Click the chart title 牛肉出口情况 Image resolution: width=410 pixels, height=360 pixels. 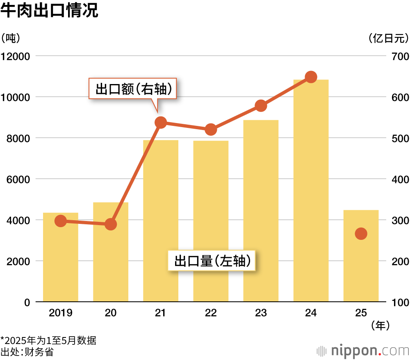tap(49, 11)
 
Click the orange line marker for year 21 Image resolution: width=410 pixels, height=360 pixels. tap(161, 123)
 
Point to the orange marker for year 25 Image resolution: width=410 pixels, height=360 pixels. tap(361, 234)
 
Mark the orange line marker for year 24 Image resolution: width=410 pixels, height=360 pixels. tap(311, 77)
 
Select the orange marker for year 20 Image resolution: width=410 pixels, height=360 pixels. tap(111, 224)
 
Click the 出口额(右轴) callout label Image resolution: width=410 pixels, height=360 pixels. tap(133, 89)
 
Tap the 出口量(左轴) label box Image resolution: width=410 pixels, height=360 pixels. tap(212, 261)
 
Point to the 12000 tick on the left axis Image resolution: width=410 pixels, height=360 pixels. tap(16, 56)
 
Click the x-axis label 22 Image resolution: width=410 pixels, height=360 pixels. tap(211, 313)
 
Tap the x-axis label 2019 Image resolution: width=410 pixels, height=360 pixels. tap(61, 313)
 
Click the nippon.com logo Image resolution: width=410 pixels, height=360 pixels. tap(363, 351)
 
